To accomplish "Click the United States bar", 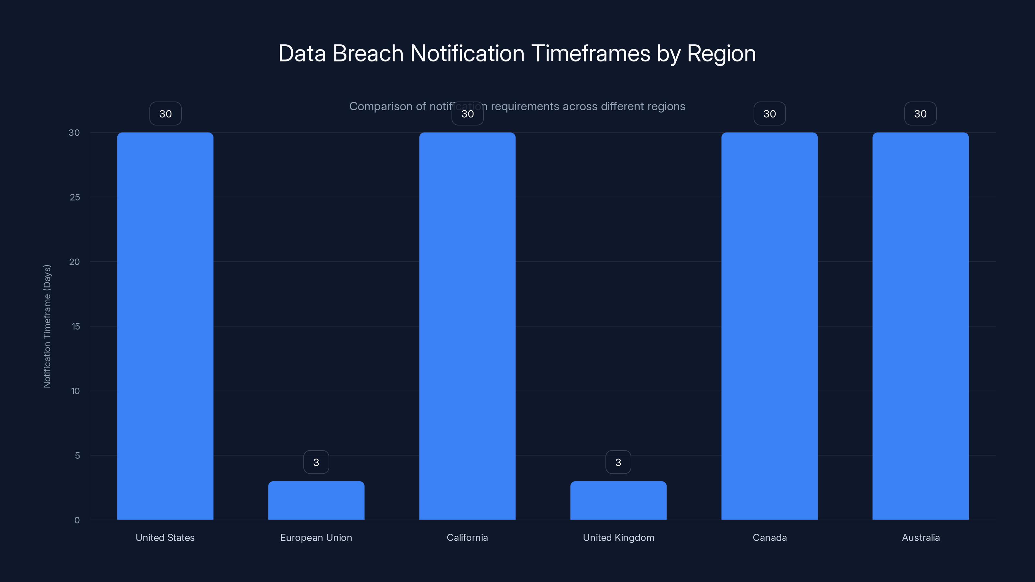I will click(x=165, y=326).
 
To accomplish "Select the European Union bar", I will click(x=316, y=500).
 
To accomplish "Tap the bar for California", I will click(x=467, y=326).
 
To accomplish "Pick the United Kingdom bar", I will click(x=618, y=500).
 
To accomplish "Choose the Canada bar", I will click(x=769, y=326).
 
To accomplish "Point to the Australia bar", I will click(x=921, y=326).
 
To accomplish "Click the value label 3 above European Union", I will click(x=316, y=462).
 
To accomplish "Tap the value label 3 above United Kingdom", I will click(x=618, y=462).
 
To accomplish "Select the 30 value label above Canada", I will click(x=769, y=114).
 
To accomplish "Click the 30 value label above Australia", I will click(x=921, y=114).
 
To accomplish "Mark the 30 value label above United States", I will click(x=166, y=114).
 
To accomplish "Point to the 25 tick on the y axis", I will click(x=75, y=197).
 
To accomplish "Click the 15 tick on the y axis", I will click(x=76, y=326).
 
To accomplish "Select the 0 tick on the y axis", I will click(x=77, y=520).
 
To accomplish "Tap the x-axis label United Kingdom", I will click(x=618, y=537).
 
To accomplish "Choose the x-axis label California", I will click(x=467, y=537).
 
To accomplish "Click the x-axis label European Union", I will click(x=316, y=537).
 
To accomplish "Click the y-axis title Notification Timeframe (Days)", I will click(x=47, y=326).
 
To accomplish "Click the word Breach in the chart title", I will click(x=368, y=53).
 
